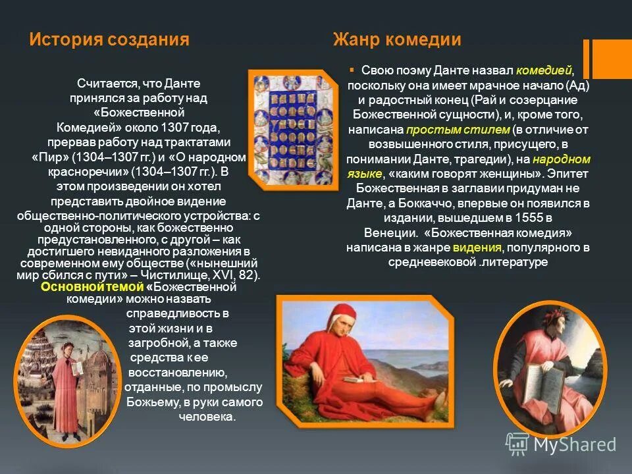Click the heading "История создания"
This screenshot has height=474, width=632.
click(109, 40)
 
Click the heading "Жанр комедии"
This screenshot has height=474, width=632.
click(396, 40)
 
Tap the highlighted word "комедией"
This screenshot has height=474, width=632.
click(544, 71)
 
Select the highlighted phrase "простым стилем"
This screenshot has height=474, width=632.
click(458, 130)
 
